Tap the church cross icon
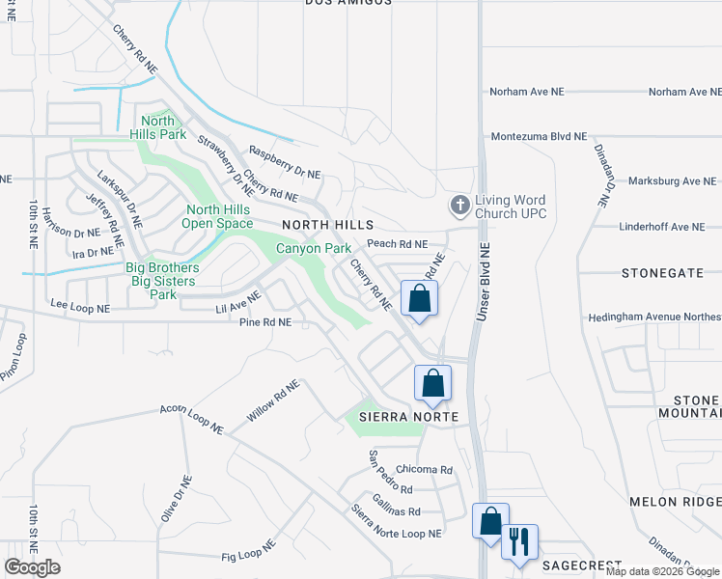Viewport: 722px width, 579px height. pyautogui.click(x=460, y=205)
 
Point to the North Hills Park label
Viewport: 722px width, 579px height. pyautogui.click(x=160, y=127)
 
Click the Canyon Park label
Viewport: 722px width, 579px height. pyautogui.click(x=314, y=248)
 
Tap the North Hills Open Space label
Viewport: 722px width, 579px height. pyautogui.click(x=220, y=216)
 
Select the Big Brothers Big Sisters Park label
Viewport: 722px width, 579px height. pyautogui.click(x=162, y=274)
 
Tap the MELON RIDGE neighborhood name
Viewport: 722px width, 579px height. pyautogui.click(x=675, y=502)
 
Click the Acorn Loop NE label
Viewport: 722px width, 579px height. pyautogui.click(x=192, y=418)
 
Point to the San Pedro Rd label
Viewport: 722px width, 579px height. pyautogui.click(x=390, y=473)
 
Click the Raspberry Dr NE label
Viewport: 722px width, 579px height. pyautogui.click(x=284, y=161)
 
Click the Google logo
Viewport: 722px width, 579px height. pyautogui.click(x=33, y=567)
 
